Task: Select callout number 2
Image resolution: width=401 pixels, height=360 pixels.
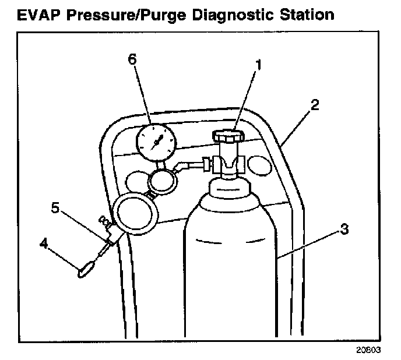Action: (x=315, y=105)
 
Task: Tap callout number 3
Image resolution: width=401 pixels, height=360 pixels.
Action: (x=344, y=229)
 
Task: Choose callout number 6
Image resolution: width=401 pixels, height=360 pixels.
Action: (x=133, y=59)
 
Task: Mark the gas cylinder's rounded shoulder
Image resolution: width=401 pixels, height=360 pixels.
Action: (x=230, y=204)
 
